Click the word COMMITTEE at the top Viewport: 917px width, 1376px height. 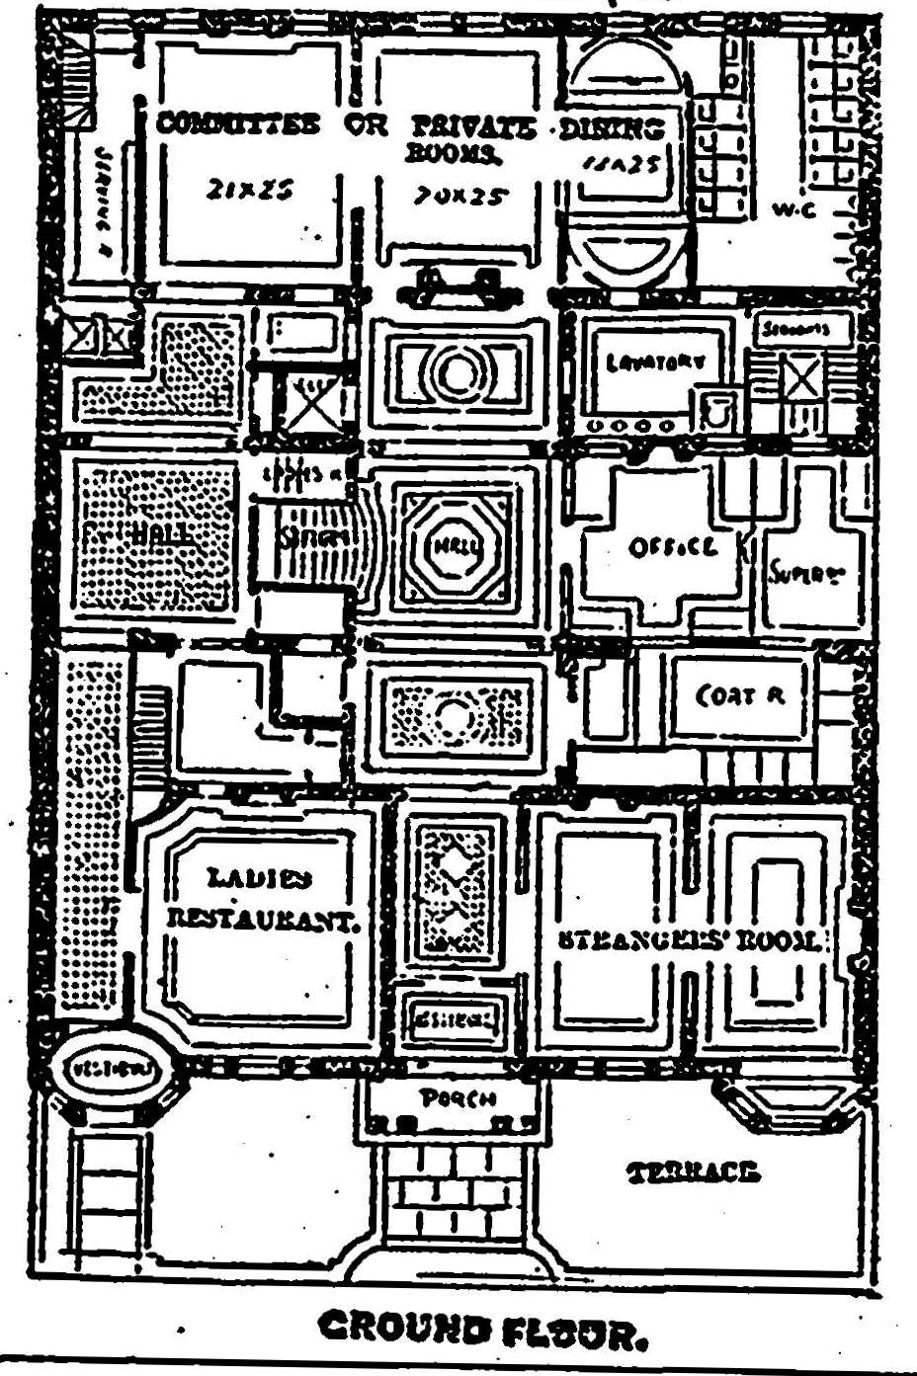click(238, 124)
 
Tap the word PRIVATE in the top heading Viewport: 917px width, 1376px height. click(473, 126)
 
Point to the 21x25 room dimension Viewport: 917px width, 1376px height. click(250, 190)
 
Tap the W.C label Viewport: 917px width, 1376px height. click(793, 209)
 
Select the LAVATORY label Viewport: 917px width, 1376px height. click(655, 363)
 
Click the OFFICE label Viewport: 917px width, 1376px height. click(672, 546)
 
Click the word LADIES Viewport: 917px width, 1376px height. click(260, 877)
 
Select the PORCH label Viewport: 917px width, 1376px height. click(457, 1097)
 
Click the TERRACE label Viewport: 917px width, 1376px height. click(694, 1173)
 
